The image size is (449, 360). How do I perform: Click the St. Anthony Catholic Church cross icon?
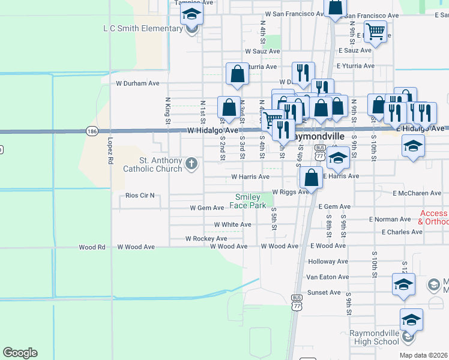click(x=191, y=163)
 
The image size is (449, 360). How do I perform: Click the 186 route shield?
click(x=92, y=131)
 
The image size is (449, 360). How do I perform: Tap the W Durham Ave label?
click(x=137, y=83)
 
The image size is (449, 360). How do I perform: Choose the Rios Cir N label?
click(x=140, y=196)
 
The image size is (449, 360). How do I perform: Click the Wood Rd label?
click(x=92, y=247)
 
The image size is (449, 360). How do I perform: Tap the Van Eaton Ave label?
click(x=327, y=277)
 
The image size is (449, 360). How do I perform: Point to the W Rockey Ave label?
click(x=206, y=238)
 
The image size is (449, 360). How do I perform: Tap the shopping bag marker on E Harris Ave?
click(x=311, y=177)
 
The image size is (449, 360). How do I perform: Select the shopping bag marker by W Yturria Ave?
click(x=238, y=74)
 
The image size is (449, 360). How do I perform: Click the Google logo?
click(x=20, y=353)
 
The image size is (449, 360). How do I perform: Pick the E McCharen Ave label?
click(x=417, y=193)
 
